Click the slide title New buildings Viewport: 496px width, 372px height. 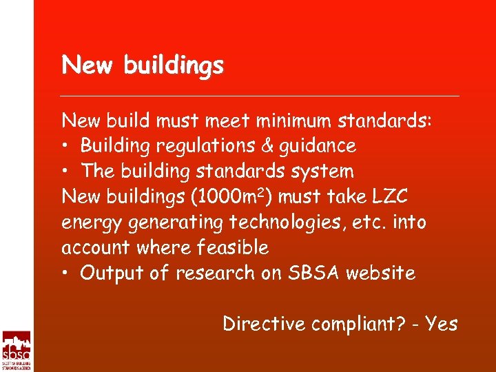143,66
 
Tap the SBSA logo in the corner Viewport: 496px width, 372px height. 17,351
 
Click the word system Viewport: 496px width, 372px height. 323,172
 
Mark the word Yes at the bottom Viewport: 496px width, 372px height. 441,324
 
